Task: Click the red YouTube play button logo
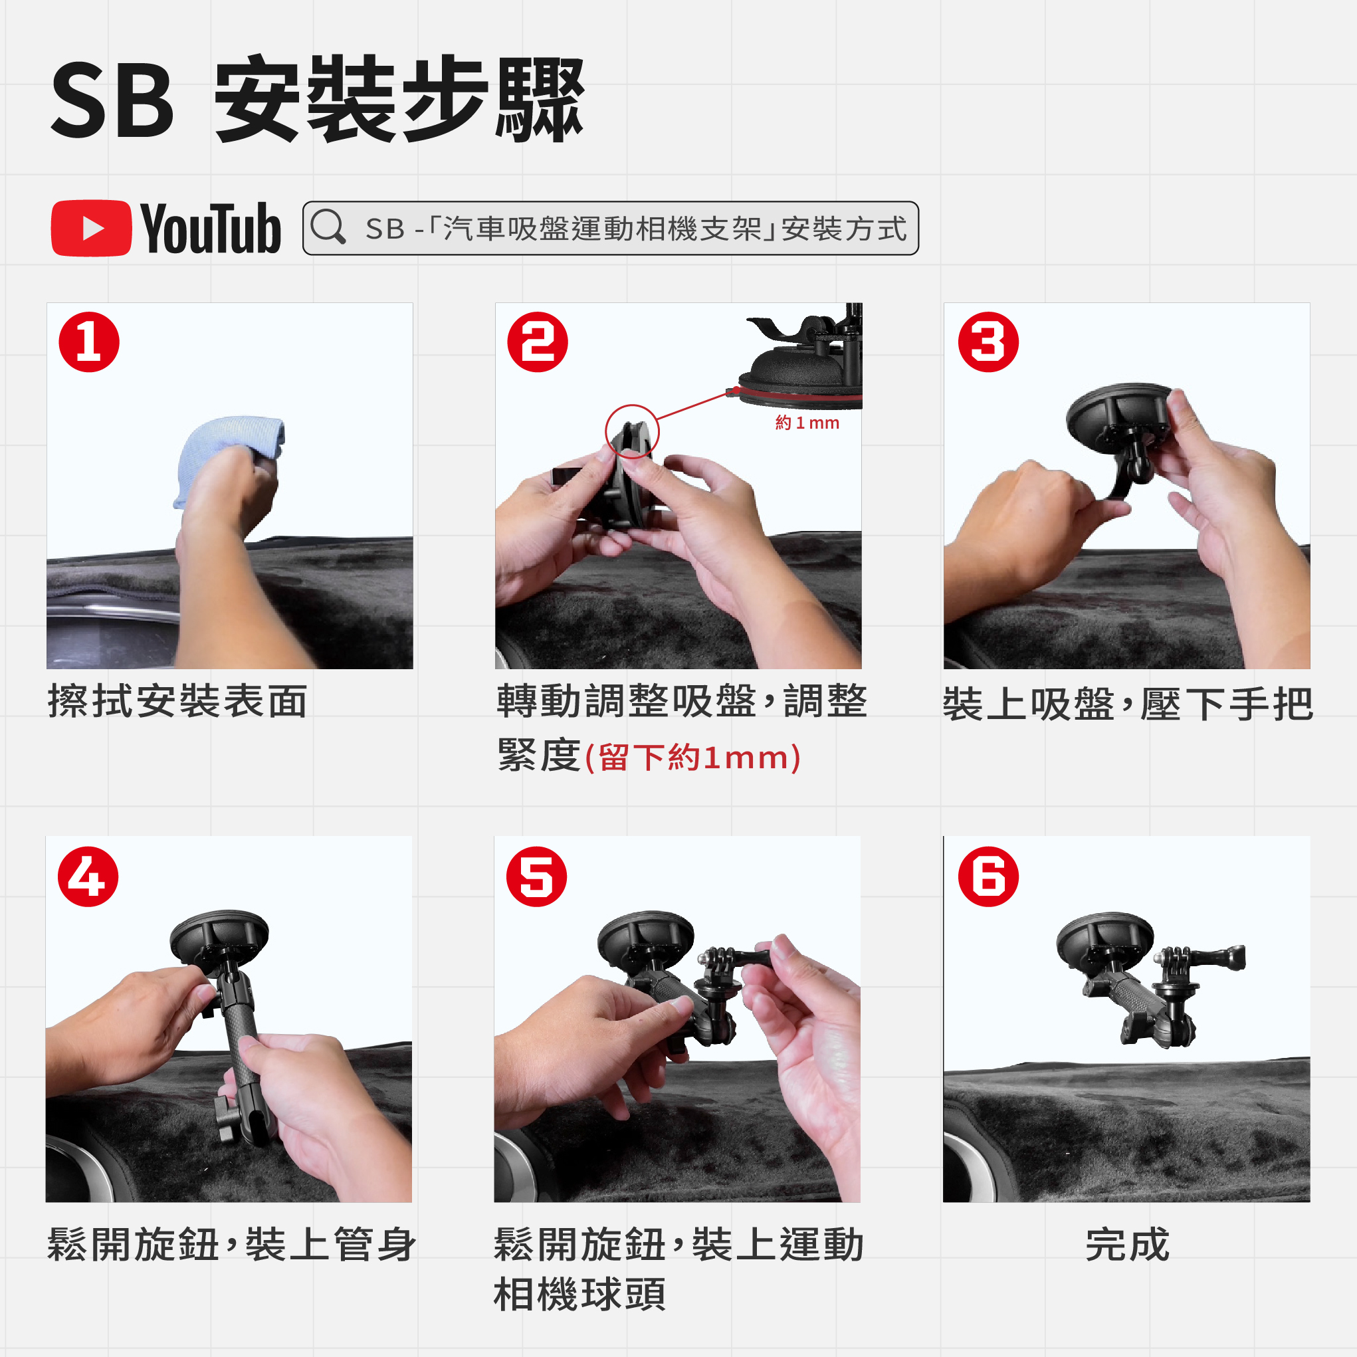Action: (91, 229)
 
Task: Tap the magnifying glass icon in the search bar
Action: (328, 227)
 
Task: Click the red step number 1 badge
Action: (89, 342)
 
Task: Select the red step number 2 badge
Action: (538, 342)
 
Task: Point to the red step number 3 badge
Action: (988, 342)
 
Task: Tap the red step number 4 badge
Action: (88, 877)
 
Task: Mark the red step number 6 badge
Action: (988, 877)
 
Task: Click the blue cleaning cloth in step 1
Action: (229, 453)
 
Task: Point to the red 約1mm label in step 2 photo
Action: (807, 423)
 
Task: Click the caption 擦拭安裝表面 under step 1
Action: (177, 701)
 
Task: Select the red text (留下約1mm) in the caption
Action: (692, 757)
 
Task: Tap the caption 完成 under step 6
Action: (1127, 1245)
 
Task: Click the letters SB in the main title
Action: (112, 100)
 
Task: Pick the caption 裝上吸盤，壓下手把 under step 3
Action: (1128, 704)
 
